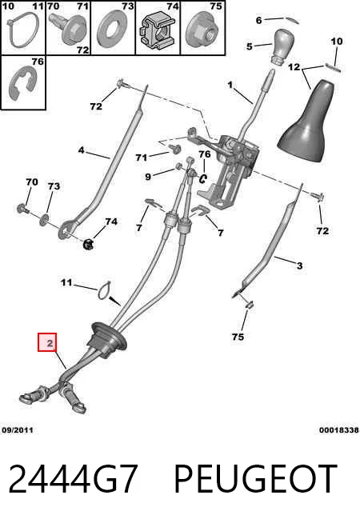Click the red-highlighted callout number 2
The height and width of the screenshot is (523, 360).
(50, 343)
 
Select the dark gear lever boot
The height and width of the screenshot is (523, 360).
(306, 121)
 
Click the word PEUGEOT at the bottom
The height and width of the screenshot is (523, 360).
(255, 479)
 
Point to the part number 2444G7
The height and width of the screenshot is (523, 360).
(73, 479)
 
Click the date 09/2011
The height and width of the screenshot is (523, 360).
(18, 430)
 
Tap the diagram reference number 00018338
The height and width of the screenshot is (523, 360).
(339, 430)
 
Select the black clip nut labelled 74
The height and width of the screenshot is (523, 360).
(88, 244)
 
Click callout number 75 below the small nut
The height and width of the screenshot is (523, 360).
(238, 337)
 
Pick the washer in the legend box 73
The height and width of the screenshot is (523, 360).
(112, 29)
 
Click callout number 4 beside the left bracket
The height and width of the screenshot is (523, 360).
(81, 150)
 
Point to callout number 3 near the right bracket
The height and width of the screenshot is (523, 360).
(300, 265)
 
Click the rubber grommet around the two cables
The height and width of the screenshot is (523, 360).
(106, 340)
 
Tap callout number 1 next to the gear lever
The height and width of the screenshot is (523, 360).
(230, 86)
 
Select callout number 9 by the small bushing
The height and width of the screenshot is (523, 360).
(148, 177)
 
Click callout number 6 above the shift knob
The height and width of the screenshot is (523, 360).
(258, 20)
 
